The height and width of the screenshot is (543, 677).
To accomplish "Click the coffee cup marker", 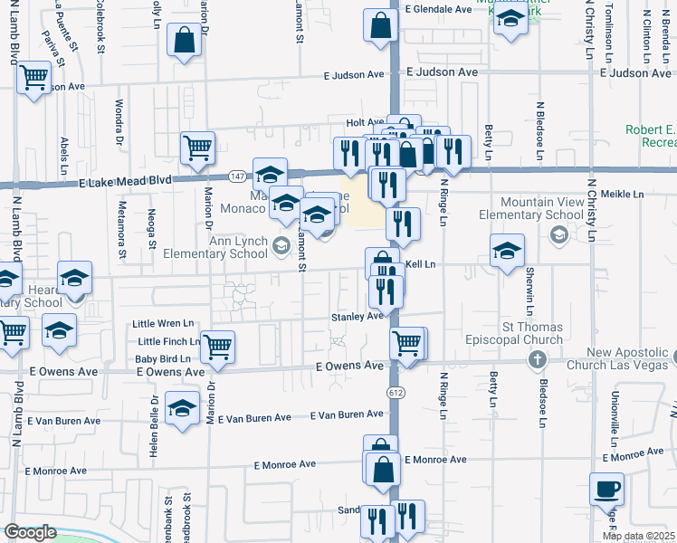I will tap(606, 490).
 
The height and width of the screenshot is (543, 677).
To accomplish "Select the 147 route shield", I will tap(237, 176).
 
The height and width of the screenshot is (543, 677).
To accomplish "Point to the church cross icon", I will tap(538, 361).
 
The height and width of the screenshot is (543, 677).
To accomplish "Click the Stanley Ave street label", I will tap(357, 317).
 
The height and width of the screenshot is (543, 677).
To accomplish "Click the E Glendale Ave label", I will tap(439, 9).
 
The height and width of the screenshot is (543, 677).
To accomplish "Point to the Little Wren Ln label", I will tap(164, 323).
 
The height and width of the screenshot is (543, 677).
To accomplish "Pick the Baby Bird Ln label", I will tap(165, 358).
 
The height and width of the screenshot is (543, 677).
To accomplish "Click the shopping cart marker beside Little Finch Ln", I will tap(217, 346).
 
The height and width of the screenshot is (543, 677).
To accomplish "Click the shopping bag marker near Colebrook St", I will tap(184, 41).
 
